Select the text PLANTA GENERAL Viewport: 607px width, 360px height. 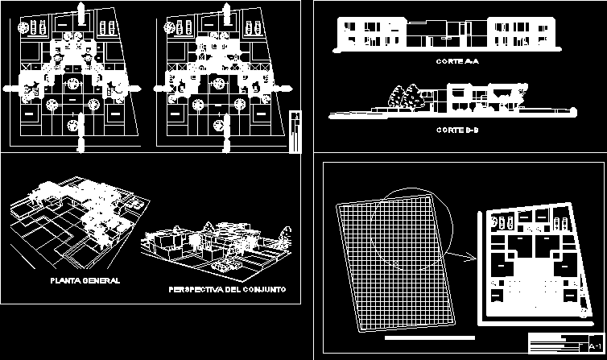pyautogui.click(x=85, y=281)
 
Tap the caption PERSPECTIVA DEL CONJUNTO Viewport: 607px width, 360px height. pyautogui.click(x=227, y=289)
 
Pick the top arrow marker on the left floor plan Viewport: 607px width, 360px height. pyautogui.click(x=81, y=10)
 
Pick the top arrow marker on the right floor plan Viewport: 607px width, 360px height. pyautogui.click(x=229, y=10)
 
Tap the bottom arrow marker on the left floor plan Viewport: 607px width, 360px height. pyautogui.click(x=81, y=145)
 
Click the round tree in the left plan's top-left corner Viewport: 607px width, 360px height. pyautogui.click(x=27, y=26)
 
